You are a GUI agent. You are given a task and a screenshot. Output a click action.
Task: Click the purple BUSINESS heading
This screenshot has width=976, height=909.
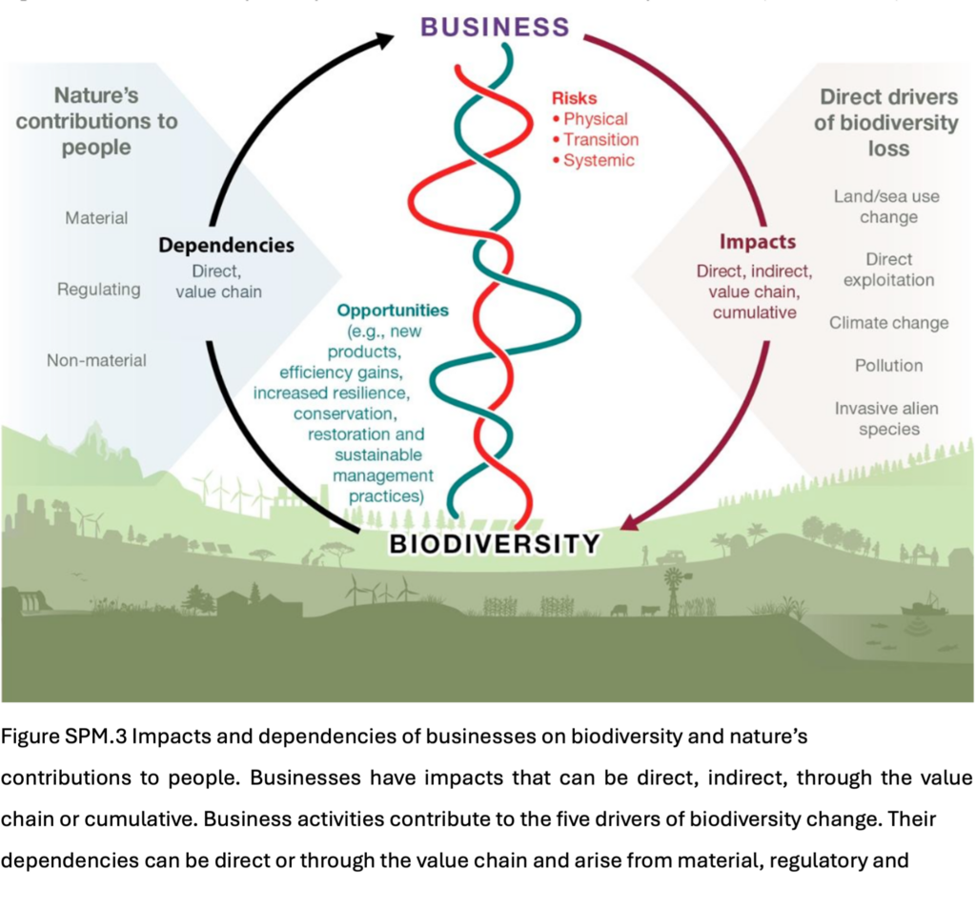tap(495, 26)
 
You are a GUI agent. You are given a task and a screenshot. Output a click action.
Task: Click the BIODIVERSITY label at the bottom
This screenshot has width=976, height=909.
tap(496, 544)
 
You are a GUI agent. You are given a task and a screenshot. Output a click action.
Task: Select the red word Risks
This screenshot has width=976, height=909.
tap(575, 97)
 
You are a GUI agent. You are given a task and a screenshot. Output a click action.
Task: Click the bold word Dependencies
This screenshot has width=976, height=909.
tap(226, 246)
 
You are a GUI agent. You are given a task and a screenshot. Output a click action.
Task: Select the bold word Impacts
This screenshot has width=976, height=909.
tap(757, 242)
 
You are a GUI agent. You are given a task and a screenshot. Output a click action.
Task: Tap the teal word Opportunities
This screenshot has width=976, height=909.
tap(392, 311)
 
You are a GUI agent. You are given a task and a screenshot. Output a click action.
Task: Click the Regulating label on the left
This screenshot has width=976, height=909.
tap(98, 289)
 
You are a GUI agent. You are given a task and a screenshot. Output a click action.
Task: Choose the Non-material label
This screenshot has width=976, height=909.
tap(96, 360)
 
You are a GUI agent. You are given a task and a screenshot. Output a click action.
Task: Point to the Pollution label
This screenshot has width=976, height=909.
tap(888, 366)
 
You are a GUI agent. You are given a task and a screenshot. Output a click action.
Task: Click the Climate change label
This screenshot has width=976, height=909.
tap(888, 323)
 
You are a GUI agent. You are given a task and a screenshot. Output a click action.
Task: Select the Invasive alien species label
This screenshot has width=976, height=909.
tap(886, 418)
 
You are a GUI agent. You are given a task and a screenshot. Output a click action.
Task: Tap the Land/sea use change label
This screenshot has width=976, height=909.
tap(886, 207)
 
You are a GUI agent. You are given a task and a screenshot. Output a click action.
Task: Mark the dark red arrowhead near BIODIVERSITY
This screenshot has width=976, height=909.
tap(629, 522)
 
